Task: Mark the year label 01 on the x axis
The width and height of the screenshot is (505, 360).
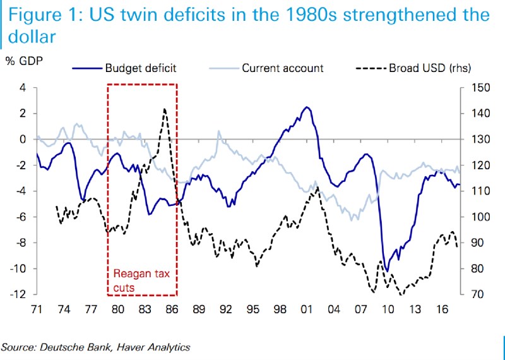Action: pyautogui.click(x=307, y=310)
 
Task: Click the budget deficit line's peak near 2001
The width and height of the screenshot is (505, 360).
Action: pyautogui.click(x=307, y=107)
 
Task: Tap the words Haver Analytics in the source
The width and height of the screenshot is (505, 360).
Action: pyautogui.click(x=151, y=347)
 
